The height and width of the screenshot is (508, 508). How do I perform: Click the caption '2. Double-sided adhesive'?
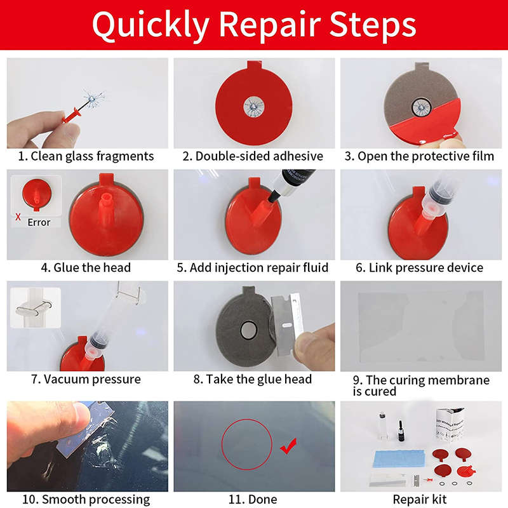pyautogui.click(x=253, y=156)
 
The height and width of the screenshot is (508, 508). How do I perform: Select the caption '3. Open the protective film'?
pyautogui.click(x=420, y=156)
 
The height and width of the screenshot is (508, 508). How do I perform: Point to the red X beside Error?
pyautogui.click(x=17, y=217)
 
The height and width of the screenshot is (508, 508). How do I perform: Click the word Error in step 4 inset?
pyautogui.click(x=39, y=222)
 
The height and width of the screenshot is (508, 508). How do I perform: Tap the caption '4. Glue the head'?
pyautogui.click(x=86, y=267)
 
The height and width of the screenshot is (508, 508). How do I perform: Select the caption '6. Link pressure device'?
pyautogui.click(x=419, y=267)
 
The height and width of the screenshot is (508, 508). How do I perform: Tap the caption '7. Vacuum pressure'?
pyautogui.click(x=86, y=379)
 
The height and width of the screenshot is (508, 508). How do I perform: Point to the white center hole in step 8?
pyautogui.click(x=248, y=330)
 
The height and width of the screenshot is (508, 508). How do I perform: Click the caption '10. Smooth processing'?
pyautogui.click(x=86, y=500)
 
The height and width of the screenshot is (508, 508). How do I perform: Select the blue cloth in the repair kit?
pyautogui.click(x=395, y=459)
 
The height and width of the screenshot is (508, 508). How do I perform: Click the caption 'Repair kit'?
pyautogui.click(x=420, y=500)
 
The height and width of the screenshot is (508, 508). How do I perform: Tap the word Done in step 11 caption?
pyautogui.click(x=262, y=500)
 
